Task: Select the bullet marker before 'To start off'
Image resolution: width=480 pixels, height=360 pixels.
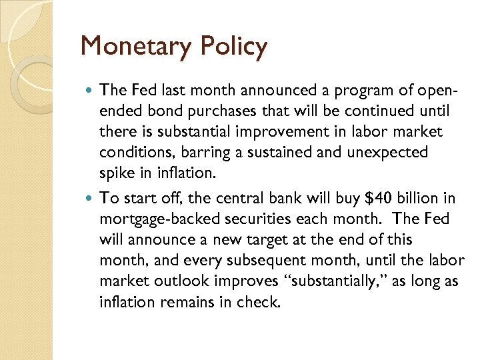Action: (91, 197)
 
